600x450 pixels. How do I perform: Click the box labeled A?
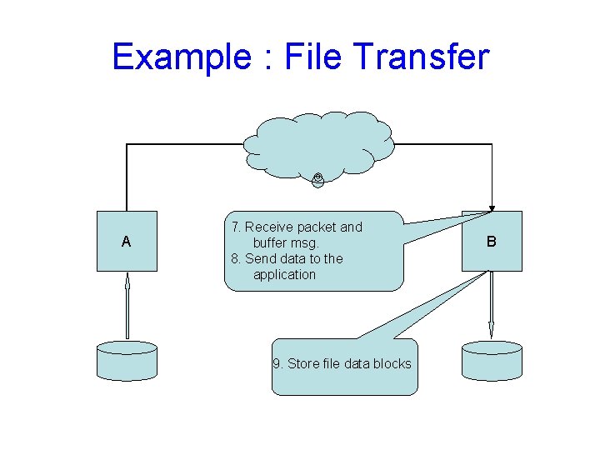[127, 241]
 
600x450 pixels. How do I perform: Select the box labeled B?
[492, 241]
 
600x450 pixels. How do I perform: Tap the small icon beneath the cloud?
[318, 177]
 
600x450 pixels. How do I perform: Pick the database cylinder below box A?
[127, 359]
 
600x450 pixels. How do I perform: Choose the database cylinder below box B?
[492, 359]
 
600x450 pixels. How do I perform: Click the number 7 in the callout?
[236, 227]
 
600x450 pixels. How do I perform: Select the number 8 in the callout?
[236, 258]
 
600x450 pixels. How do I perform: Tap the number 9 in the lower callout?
[277, 363]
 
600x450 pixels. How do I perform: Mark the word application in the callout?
[284, 274]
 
